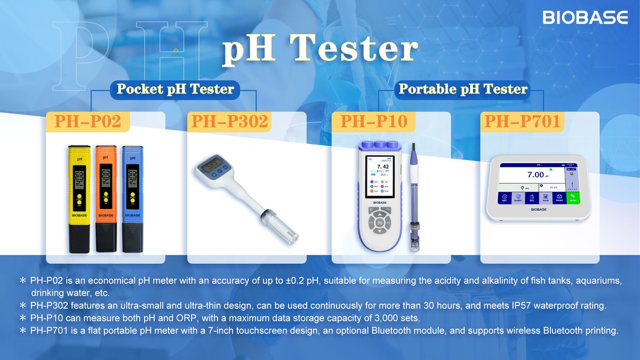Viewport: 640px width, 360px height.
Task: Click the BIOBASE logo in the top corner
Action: click(585, 18)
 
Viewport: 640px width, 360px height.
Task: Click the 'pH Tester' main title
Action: click(319, 50)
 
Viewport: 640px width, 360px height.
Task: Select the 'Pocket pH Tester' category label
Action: click(175, 89)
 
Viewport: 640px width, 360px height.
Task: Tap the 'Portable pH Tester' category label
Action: click(463, 89)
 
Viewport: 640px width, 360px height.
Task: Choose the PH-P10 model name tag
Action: click(373, 122)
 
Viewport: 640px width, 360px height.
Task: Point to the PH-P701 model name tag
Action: click(522, 122)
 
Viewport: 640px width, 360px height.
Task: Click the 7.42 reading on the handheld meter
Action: click(382, 166)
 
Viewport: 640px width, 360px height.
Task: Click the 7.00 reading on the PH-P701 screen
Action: click(535, 175)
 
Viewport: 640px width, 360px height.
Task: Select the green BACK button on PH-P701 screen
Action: click(573, 198)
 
